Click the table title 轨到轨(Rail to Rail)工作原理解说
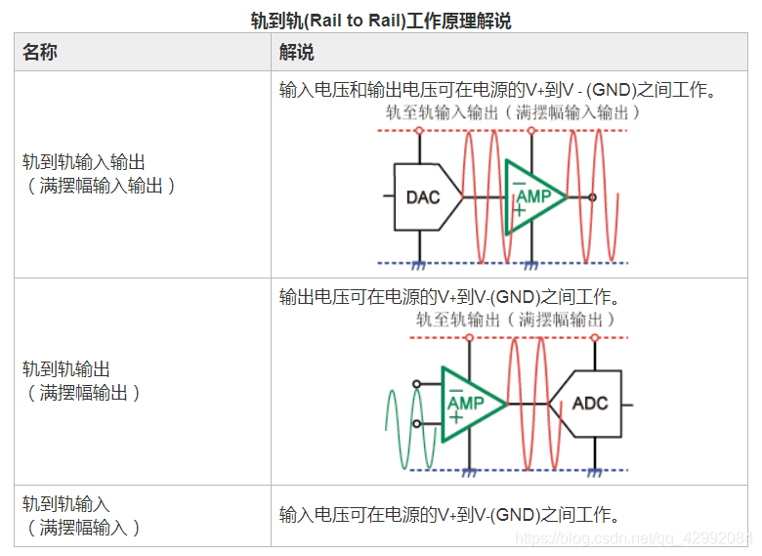pyautogui.click(x=380, y=21)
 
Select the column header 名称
pyautogui.click(x=40, y=53)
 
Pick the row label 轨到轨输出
pyautogui.click(x=66, y=369)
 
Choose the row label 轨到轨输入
pyautogui.click(x=66, y=504)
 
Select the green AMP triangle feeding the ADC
pyautogui.click(x=469, y=403)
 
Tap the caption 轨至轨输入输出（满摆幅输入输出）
pyautogui.click(x=514, y=112)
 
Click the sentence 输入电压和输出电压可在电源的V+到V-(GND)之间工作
pyautogui.click(x=498, y=91)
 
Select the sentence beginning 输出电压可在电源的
pyautogui.click(x=450, y=297)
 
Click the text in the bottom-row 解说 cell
pyautogui.click(x=450, y=515)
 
